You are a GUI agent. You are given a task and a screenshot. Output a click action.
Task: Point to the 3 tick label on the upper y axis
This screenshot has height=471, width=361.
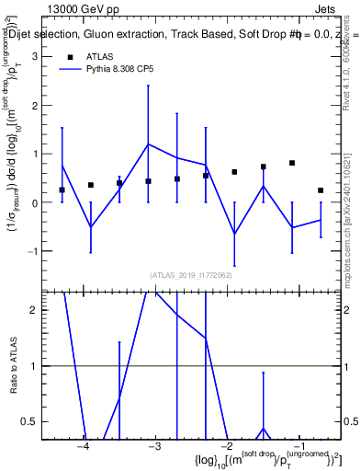point(34,57)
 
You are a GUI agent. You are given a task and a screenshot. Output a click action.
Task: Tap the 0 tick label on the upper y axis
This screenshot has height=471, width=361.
point(34,202)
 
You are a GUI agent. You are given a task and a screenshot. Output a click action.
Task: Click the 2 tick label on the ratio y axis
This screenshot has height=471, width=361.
point(34,310)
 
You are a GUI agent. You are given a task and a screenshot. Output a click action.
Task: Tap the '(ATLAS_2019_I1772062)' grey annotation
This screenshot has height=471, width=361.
point(192,273)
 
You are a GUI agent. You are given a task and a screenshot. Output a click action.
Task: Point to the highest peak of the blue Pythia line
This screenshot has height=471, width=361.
point(148,144)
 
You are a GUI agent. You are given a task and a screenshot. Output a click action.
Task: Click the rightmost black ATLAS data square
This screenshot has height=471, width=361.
point(321,190)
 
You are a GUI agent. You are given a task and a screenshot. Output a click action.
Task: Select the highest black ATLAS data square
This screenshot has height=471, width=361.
point(291,163)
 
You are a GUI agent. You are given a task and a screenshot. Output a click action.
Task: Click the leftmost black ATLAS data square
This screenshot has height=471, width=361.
point(62,190)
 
